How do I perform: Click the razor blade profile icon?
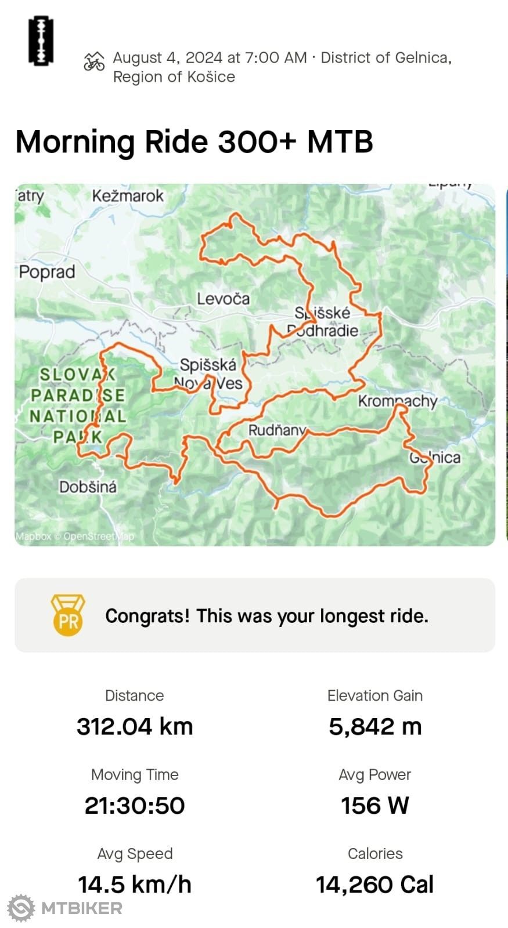[41, 41]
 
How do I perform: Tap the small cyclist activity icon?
[94, 61]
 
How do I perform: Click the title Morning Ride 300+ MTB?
[194, 142]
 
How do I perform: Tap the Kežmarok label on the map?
[128, 196]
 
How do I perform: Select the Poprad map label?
[47, 272]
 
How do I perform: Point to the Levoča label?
[223, 299]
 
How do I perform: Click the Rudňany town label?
[277, 430]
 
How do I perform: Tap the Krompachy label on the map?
[397, 401]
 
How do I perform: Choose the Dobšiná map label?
[88, 487]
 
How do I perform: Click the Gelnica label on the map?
[435, 458]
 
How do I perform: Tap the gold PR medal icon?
[68, 615]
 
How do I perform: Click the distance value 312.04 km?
[135, 726]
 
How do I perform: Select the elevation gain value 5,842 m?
[375, 726]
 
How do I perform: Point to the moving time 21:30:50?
[135, 805]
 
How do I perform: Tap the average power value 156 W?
[375, 805]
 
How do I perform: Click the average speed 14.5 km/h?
[135, 884]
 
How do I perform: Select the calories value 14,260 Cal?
[375, 884]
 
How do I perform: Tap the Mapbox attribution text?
[34, 536]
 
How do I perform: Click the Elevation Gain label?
[375, 695]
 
